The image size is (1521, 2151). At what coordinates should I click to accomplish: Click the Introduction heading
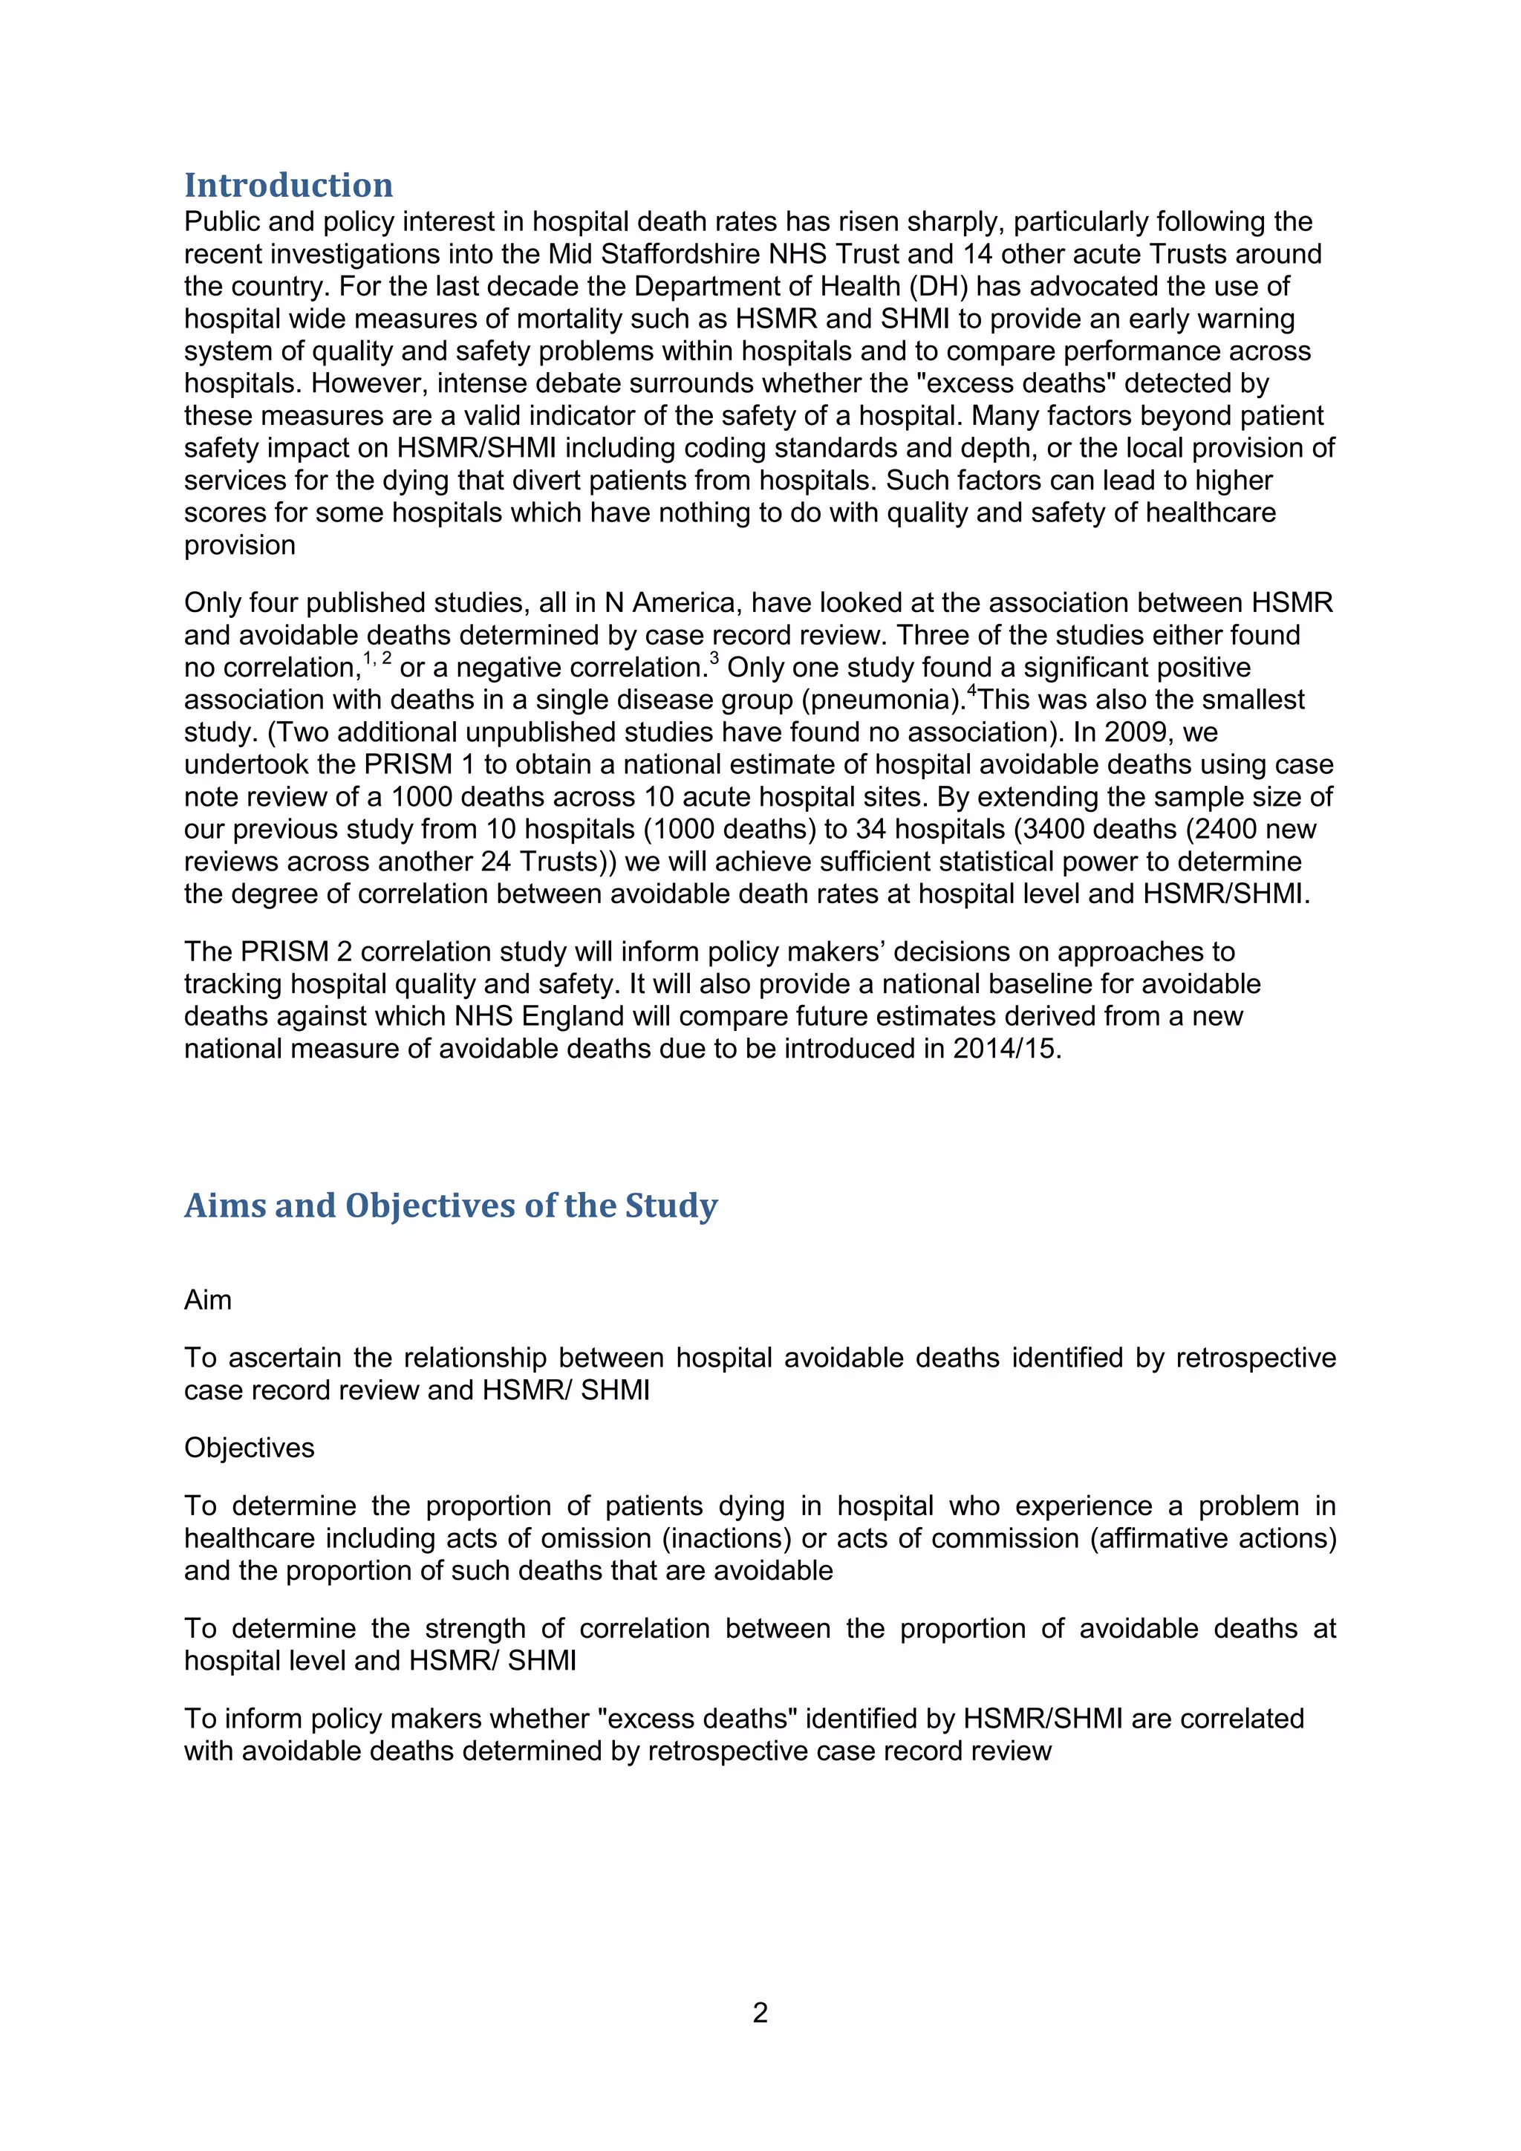[x=288, y=186]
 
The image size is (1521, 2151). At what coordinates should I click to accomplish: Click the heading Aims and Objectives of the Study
[x=451, y=1205]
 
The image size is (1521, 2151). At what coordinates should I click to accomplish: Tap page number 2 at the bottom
[x=760, y=2012]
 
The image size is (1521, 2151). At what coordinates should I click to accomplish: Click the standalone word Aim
[x=208, y=1301]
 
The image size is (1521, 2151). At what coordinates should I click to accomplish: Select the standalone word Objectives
[x=249, y=1448]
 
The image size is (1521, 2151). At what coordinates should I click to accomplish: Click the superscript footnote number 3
[x=714, y=659]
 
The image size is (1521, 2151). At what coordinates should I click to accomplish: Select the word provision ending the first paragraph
[x=240, y=545]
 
